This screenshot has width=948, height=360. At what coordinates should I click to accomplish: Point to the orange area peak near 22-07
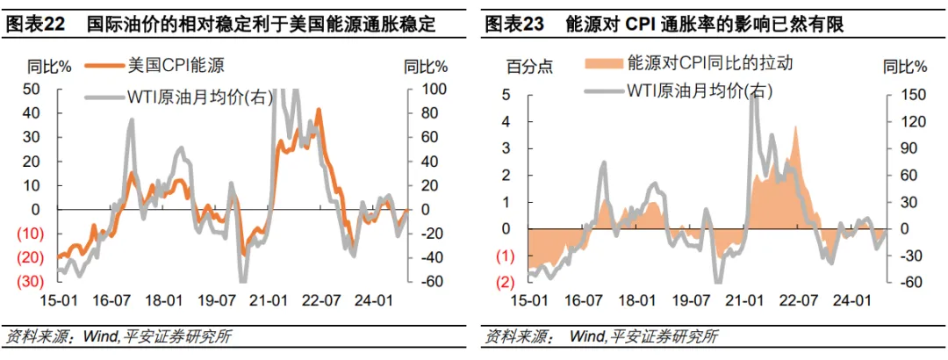coord(795,127)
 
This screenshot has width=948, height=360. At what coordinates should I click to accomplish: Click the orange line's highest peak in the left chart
coord(319,110)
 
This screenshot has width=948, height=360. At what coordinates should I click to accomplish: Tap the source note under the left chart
coord(118,336)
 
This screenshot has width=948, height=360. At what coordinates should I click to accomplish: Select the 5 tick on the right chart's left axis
coord(507,95)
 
